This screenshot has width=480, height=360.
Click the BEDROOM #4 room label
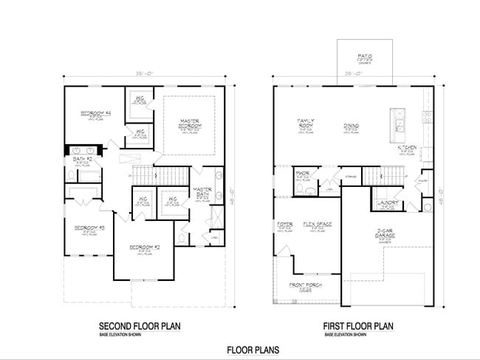(x=96, y=113)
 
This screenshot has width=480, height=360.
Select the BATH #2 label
(x=82, y=158)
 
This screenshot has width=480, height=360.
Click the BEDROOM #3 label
(x=92, y=228)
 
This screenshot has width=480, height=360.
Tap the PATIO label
(x=365, y=55)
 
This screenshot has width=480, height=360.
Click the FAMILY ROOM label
(x=306, y=123)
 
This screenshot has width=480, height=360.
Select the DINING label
(x=352, y=126)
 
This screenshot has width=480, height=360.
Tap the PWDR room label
(x=303, y=174)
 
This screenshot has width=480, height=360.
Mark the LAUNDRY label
(x=388, y=202)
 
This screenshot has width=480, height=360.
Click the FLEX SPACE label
(x=318, y=224)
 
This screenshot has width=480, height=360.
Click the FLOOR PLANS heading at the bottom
(x=253, y=350)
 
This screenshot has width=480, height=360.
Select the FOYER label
(x=285, y=224)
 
